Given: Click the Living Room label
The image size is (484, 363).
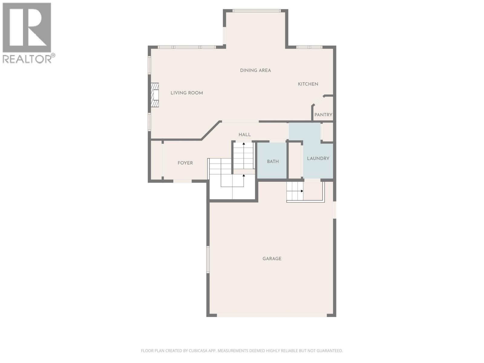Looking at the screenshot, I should pyautogui.click(x=187, y=93).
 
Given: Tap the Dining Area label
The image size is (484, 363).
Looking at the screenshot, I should pyautogui.click(x=255, y=70).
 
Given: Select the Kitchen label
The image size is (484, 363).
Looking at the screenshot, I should pyautogui.click(x=308, y=84).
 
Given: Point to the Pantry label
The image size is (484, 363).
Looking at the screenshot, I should pyautogui.click(x=323, y=115).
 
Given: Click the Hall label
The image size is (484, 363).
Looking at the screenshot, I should pyautogui.click(x=244, y=135).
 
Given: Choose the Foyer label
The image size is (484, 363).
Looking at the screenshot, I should pyautogui.click(x=185, y=163).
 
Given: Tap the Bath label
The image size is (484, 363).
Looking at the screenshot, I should pyautogui.click(x=273, y=162).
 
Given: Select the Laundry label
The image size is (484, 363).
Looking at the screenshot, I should pyautogui.click(x=318, y=159).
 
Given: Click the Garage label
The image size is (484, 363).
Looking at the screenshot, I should pyautogui.click(x=272, y=259).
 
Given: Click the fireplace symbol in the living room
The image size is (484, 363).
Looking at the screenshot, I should pyautogui.click(x=155, y=95).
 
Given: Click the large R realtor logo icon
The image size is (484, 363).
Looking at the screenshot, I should pyautogui.click(x=27, y=28).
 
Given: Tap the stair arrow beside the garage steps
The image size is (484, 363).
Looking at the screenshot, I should pyautogui.click(x=302, y=191).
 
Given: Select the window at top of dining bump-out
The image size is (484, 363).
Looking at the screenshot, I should pyautogui.click(x=257, y=11).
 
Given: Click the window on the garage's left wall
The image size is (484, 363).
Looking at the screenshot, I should pyautogui.click(x=208, y=260).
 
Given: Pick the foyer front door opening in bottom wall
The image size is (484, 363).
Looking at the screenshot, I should pyautogui.click(x=182, y=181).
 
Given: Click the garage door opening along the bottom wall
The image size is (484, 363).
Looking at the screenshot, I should pyautogui.click(x=272, y=315).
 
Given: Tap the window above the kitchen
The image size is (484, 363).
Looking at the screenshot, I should pyautogui.click(x=309, y=47).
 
